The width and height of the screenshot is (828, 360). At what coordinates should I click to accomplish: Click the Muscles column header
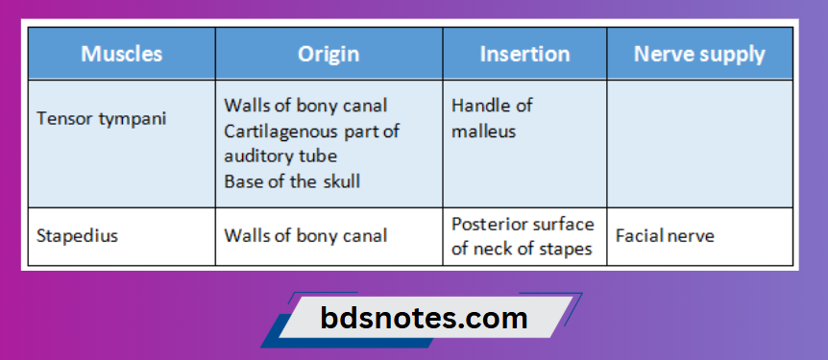click(121, 54)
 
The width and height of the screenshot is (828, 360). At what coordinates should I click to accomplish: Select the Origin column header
click(329, 54)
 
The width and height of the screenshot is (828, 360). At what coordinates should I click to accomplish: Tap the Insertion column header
click(524, 54)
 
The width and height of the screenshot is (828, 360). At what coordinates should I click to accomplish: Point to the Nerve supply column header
click(699, 54)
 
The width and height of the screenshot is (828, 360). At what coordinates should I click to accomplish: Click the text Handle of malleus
click(492, 118)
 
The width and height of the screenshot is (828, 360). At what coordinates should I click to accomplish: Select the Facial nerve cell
click(665, 235)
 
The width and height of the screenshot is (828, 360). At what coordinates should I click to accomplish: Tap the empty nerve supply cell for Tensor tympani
click(699, 144)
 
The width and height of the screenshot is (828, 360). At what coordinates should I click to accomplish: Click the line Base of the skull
click(292, 180)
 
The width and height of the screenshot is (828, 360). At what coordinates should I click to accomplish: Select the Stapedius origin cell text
click(305, 235)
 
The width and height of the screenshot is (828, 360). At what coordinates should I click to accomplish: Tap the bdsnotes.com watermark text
click(424, 318)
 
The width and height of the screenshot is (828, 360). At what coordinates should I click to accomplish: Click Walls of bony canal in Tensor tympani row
click(305, 106)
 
